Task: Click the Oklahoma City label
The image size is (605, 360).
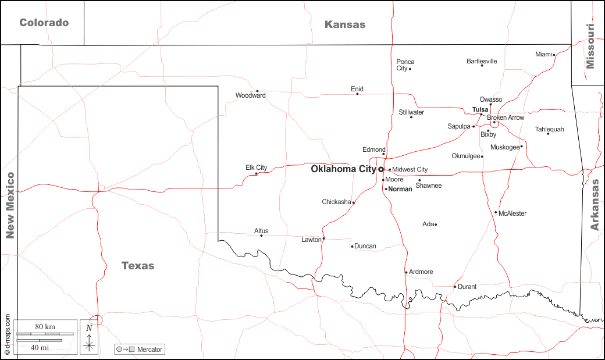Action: (x=343, y=169)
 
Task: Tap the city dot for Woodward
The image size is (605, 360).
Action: (x=265, y=92)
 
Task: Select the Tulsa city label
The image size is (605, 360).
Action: (x=480, y=109)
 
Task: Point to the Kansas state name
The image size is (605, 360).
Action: (x=345, y=24)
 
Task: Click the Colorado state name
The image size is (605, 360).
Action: (x=44, y=23)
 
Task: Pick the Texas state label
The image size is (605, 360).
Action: (x=138, y=266)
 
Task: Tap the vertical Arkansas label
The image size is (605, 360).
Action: (x=595, y=205)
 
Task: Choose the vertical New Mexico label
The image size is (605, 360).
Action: (x=9, y=205)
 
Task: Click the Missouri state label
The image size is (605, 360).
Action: (x=590, y=47)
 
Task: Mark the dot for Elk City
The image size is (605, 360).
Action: (x=257, y=173)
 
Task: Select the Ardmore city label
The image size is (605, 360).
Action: (x=421, y=272)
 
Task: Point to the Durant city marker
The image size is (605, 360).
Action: (x=455, y=286)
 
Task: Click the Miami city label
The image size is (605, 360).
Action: (x=543, y=54)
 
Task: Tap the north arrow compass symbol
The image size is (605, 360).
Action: (x=89, y=339)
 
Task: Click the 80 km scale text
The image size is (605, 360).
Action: (x=45, y=327)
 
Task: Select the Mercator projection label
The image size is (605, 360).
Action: (x=150, y=350)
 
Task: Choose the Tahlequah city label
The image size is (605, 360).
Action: (x=549, y=129)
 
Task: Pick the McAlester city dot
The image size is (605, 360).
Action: (x=496, y=212)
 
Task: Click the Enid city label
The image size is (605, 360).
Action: (x=357, y=89)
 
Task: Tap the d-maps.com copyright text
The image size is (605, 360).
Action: (x=7, y=335)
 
